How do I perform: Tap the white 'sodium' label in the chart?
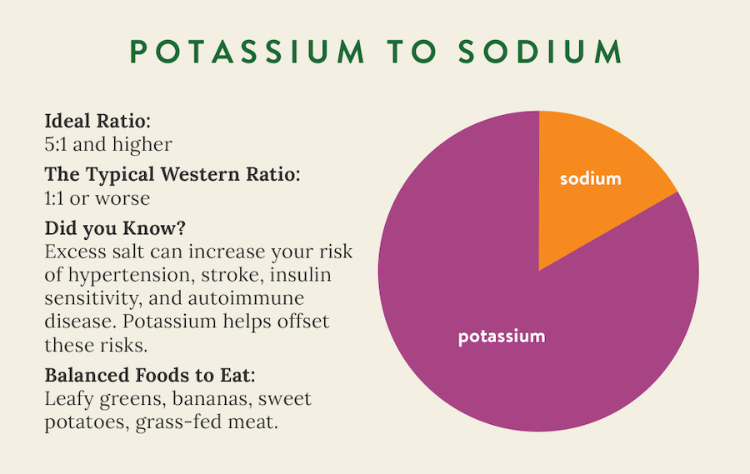point(591,178)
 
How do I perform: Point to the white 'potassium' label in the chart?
point(502,337)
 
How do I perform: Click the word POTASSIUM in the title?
point(247,51)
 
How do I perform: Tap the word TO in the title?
point(412,51)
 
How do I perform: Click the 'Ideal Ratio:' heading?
point(97,121)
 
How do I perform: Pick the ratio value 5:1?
point(55,144)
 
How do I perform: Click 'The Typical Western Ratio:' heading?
point(172,175)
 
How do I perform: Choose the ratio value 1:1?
point(54,198)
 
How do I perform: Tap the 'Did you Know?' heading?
point(115,228)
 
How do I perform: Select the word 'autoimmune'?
point(246,298)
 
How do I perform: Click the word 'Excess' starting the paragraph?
point(75,252)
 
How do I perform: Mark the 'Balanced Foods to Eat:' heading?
point(150,376)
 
